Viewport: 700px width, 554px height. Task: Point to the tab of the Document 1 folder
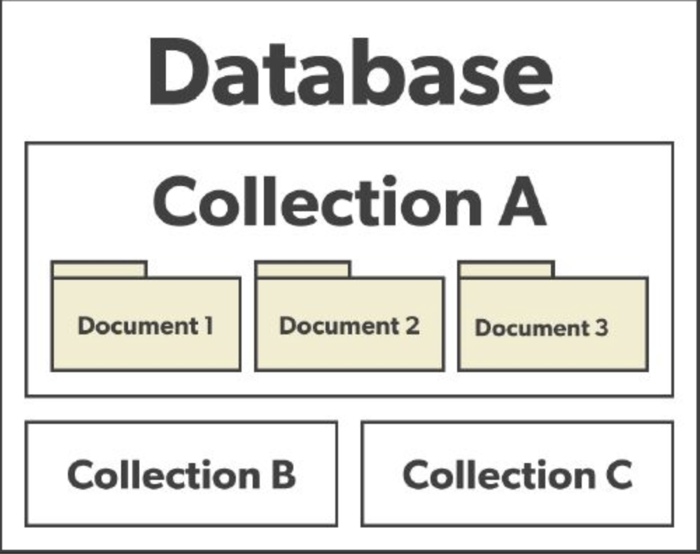tap(99, 269)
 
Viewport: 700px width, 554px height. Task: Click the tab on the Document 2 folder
tap(302, 269)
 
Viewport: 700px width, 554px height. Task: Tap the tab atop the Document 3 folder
tap(506, 269)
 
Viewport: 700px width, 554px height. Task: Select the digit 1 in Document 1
tap(208, 325)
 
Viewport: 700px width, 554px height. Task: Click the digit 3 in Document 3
tap(601, 327)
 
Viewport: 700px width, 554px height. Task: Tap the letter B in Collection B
tap(283, 474)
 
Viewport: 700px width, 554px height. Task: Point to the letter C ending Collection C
tap(617, 474)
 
